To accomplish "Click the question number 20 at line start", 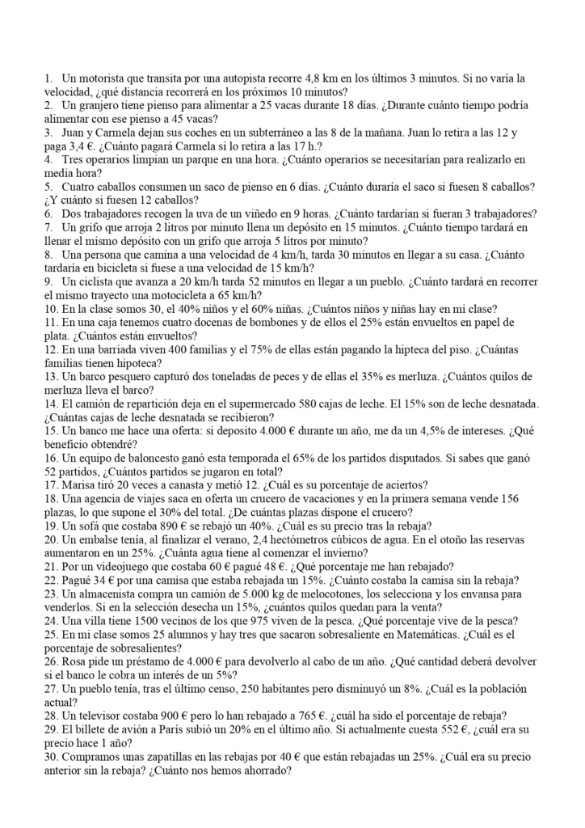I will (49, 539).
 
